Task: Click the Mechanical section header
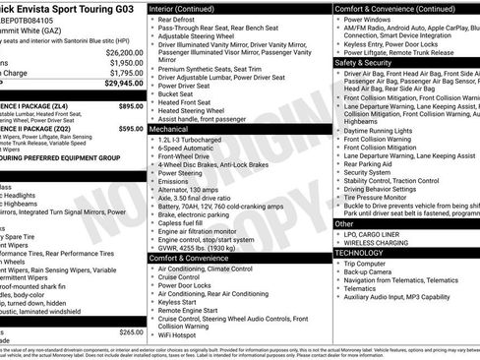(x=170, y=129)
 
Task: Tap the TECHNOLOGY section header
(x=361, y=253)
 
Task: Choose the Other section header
(x=345, y=223)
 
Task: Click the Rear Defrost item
(x=180, y=19)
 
